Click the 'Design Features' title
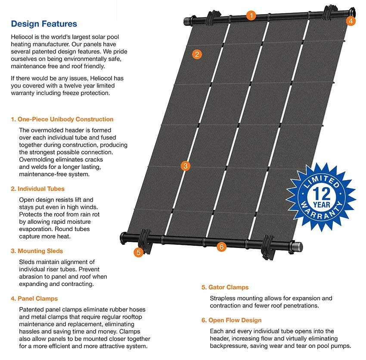pyautogui.click(x=44, y=24)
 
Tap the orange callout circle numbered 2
pyautogui.click(x=197, y=54)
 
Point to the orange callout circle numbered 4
pyautogui.click(x=350, y=20)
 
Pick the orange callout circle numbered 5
pyautogui.click(x=138, y=253)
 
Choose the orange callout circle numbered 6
pyautogui.click(x=221, y=247)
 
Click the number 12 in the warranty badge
pyautogui.click(x=319, y=191)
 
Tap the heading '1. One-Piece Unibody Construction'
pyautogui.click(x=62, y=119)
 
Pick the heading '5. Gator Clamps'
pyautogui.click(x=225, y=287)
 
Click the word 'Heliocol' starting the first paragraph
pyautogui.click(x=22, y=38)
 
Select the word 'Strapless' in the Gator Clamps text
pyautogui.click(x=223, y=298)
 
